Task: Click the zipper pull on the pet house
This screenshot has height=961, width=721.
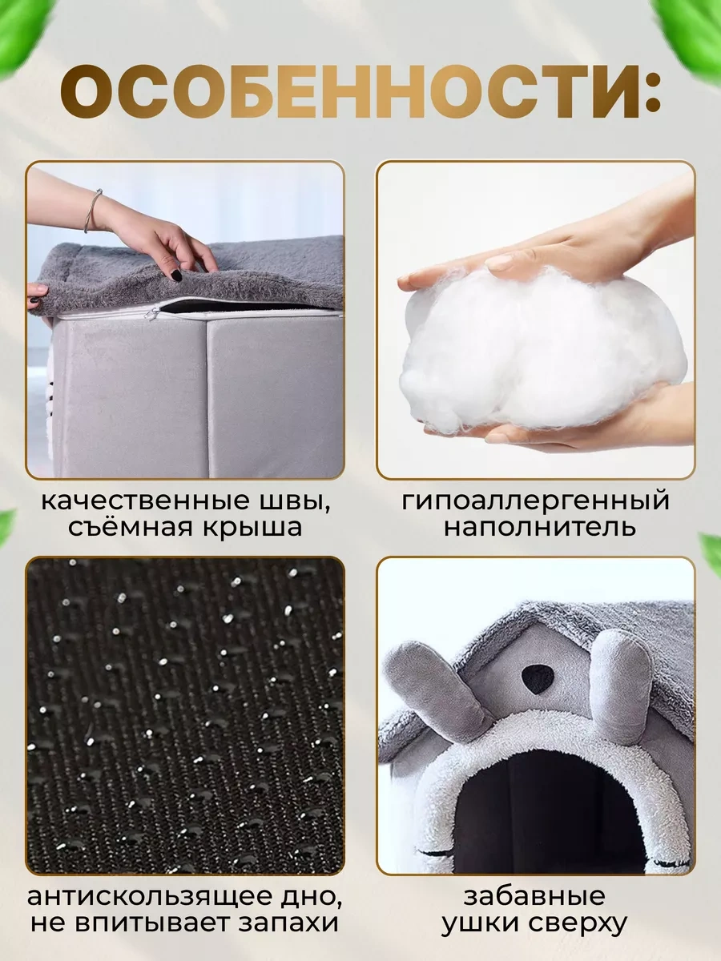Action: point(150,316)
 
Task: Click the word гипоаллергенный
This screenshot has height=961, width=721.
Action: point(535,501)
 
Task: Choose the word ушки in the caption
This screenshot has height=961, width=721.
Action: point(481,923)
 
